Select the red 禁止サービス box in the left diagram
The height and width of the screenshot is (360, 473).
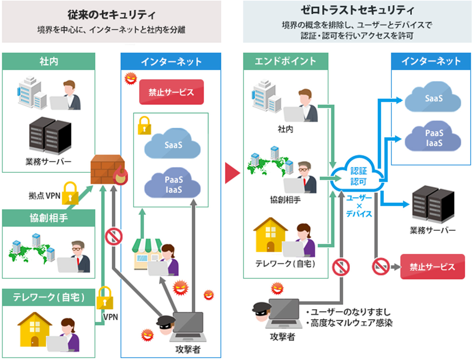pyautogui.click(x=171, y=92)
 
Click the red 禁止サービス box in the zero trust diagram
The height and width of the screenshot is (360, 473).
pyautogui.click(x=432, y=267)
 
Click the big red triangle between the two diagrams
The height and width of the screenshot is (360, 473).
pyautogui.click(x=232, y=173)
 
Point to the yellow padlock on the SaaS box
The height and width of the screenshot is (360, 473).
pyautogui.click(x=145, y=126)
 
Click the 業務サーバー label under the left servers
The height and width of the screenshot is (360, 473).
pyautogui.click(x=49, y=162)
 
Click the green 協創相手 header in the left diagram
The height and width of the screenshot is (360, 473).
pyautogui.click(x=49, y=218)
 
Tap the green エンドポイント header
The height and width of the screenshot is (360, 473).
pyautogui.click(x=285, y=61)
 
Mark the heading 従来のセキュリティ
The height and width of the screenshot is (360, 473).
pyautogui.click(x=111, y=15)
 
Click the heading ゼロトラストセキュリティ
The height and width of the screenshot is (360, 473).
pyautogui.click(x=357, y=10)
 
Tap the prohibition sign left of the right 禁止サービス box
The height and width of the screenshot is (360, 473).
pyautogui.click(x=380, y=267)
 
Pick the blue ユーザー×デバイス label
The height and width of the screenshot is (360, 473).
pyautogui.click(x=359, y=206)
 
